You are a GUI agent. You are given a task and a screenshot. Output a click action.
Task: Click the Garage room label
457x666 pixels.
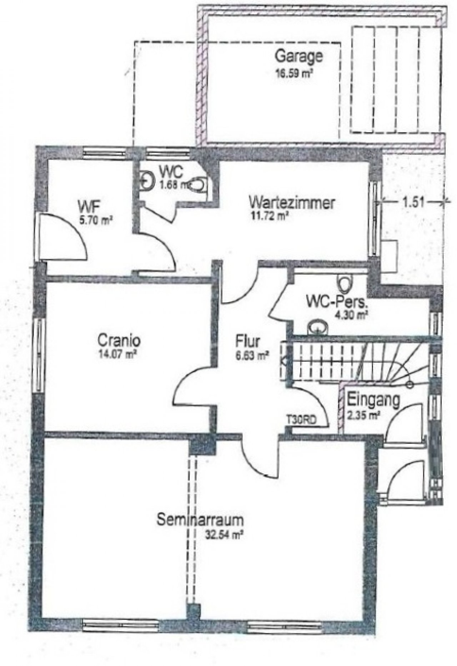[x=300, y=57]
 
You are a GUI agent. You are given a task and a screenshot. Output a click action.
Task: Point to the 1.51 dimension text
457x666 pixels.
[x=413, y=202]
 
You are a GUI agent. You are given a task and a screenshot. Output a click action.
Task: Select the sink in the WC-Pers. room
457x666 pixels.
[x=317, y=327]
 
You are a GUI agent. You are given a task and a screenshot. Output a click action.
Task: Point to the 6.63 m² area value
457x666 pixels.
[x=251, y=355]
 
